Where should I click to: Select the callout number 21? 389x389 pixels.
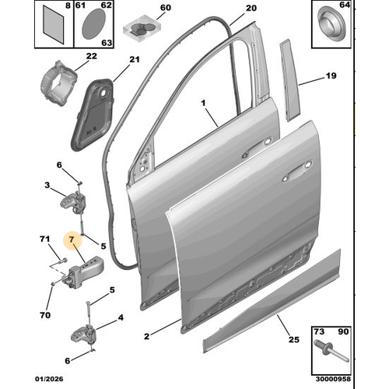133,60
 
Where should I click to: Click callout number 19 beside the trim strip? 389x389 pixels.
330,76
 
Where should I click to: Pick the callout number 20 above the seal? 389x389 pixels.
250,9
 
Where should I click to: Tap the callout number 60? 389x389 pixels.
164,9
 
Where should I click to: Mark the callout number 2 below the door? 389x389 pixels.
147,337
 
